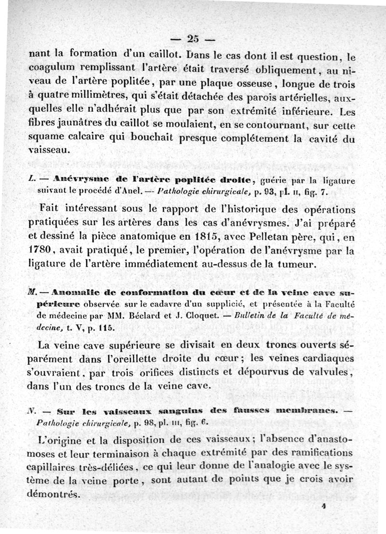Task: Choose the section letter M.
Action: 33,293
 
